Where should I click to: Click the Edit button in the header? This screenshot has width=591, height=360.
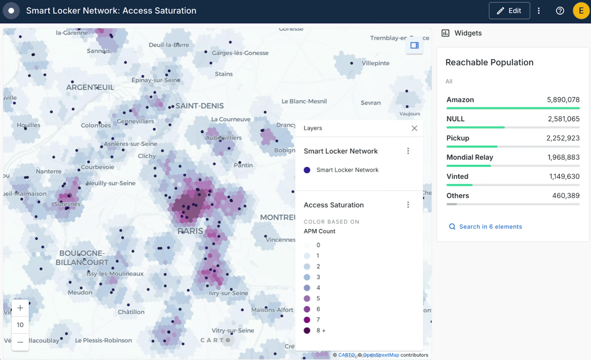(x=509, y=11)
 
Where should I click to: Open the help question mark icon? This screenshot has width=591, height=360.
(x=560, y=11)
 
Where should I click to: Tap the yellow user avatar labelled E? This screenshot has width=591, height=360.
(x=581, y=11)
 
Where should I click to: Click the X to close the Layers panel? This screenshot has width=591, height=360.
(x=414, y=128)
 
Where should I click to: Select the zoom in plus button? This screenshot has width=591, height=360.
(x=20, y=308)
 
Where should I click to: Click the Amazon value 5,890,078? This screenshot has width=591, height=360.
(x=563, y=100)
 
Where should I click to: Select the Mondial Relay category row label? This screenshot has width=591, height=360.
(x=470, y=157)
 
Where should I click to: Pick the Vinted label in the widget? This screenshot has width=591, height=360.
(x=457, y=177)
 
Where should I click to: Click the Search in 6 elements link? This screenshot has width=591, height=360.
(x=490, y=226)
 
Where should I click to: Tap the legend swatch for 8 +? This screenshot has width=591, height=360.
(x=307, y=330)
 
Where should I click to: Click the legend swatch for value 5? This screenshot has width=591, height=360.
(x=307, y=299)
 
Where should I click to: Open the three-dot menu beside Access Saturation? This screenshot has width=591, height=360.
(x=408, y=205)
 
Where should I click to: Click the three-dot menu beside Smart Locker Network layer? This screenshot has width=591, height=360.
(x=408, y=151)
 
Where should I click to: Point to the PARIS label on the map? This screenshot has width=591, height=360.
(x=190, y=231)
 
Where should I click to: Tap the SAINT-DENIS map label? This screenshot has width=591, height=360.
(x=199, y=106)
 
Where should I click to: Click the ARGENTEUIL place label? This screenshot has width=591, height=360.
(x=90, y=88)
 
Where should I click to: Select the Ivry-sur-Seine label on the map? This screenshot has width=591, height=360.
(x=228, y=293)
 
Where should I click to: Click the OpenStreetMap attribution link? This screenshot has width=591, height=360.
(x=381, y=355)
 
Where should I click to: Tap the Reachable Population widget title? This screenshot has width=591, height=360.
(x=489, y=62)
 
